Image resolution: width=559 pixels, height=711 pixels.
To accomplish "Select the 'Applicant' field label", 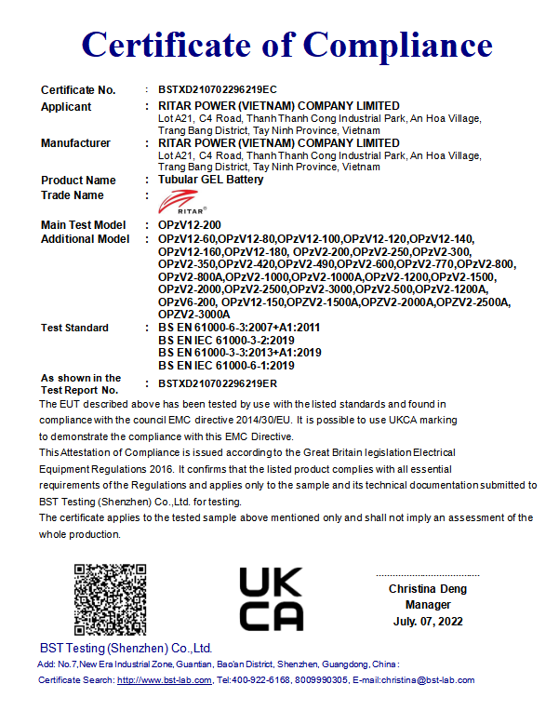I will [x=66, y=107].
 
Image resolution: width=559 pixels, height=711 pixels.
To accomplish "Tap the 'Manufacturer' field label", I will [x=75, y=143].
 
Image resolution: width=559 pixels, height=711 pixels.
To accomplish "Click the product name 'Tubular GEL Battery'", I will [x=211, y=180].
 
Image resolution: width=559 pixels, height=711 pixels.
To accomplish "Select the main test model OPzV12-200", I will [x=190, y=225].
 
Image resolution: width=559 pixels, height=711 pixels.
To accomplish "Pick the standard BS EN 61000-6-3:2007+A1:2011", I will [x=239, y=328].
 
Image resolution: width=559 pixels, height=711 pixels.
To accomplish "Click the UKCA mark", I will [x=271, y=598].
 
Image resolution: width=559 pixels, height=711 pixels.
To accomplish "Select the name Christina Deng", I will [x=428, y=589].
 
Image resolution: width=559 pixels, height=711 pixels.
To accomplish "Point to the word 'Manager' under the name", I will [x=428, y=605].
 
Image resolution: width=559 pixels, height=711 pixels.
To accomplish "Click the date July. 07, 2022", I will [x=428, y=621].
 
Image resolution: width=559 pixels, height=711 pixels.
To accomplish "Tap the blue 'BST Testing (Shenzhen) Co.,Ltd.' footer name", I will [x=126, y=648].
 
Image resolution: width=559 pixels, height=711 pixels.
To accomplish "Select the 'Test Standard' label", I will [x=74, y=328].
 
